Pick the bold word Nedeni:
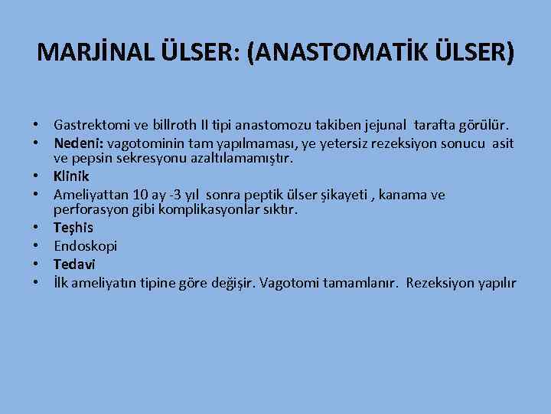coord(79,143)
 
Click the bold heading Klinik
coord(71,176)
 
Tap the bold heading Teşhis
coord(72,228)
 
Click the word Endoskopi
coord(86,246)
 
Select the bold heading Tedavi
coord(73,264)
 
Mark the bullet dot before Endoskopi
coord(37,247)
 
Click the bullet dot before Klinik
coord(37,177)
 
